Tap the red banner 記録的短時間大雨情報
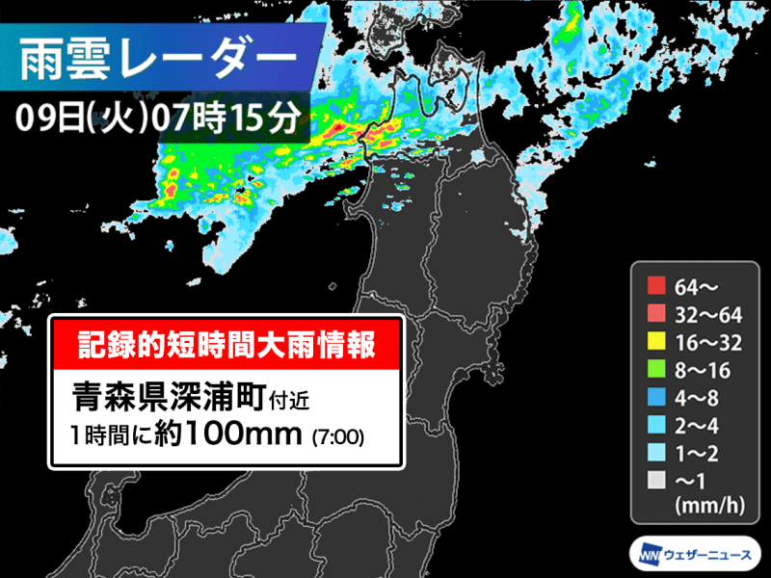click(x=226, y=342)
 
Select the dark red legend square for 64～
click(x=656, y=284)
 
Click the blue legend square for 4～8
click(x=656, y=395)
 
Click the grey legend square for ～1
click(x=656, y=479)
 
